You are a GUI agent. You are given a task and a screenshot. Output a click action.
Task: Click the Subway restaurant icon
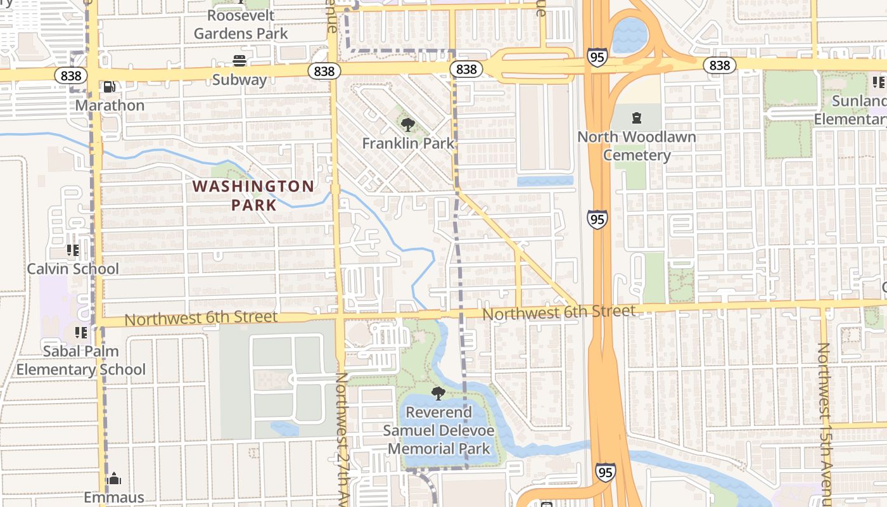[x=239, y=61]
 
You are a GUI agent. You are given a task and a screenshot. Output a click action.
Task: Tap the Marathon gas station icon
[x=109, y=87]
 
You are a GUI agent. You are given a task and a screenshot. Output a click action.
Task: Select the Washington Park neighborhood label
[x=253, y=195]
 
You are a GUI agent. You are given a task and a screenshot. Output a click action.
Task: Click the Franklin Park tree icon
[x=408, y=124]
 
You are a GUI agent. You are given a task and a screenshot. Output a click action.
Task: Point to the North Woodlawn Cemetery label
[x=636, y=146]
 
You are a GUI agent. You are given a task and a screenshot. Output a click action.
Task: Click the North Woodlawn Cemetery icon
[x=637, y=117]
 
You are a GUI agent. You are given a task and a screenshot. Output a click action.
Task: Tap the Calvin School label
[x=72, y=269]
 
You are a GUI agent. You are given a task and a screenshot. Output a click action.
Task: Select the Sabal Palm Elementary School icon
[x=80, y=332]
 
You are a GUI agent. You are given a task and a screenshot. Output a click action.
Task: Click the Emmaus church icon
[x=114, y=478]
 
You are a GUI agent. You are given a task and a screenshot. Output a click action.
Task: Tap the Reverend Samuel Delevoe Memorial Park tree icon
[x=438, y=394]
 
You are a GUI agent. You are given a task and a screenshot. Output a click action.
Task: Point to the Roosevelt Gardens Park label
[x=241, y=24]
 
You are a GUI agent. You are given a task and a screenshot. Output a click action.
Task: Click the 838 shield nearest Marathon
[x=71, y=75]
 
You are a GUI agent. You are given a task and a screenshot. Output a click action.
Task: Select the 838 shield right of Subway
[x=324, y=71]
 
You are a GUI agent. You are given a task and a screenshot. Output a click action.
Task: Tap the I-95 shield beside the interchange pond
[x=597, y=57]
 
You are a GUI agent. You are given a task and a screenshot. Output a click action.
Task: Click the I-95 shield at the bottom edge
[x=605, y=472]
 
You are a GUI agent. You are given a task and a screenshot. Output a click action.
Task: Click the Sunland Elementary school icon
[x=878, y=82]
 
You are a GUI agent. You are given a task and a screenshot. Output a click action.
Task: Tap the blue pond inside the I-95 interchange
[x=629, y=35]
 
